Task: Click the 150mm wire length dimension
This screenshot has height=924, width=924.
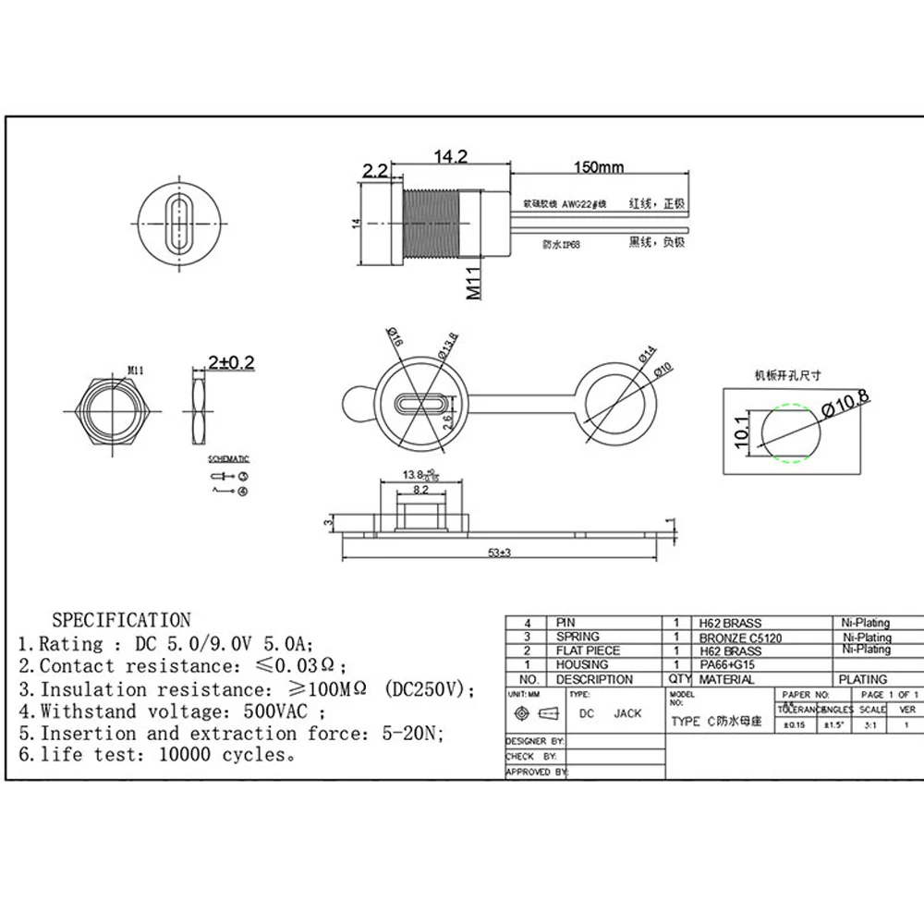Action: pyautogui.click(x=598, y=167)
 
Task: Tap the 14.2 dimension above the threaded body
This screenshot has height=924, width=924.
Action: pyautogui.click(x=448, y=158)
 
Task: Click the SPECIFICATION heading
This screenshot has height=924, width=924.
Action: pyautogui.click(x=121, y=620)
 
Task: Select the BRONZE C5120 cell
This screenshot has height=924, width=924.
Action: pyautogui.click(x=740, y=637)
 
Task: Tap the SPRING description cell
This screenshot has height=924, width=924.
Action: pyautogui.click(x=577, y=637)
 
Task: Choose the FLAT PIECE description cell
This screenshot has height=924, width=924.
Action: pyautogui.click(x=588, y=650)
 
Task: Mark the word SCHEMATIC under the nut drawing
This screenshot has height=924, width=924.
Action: pyautogui.click(x=229, y=459)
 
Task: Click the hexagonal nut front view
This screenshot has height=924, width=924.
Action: pyautogui.click(x=110, y=409)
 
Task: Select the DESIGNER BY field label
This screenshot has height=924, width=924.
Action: pyautogui.click(x=535, y=741)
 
